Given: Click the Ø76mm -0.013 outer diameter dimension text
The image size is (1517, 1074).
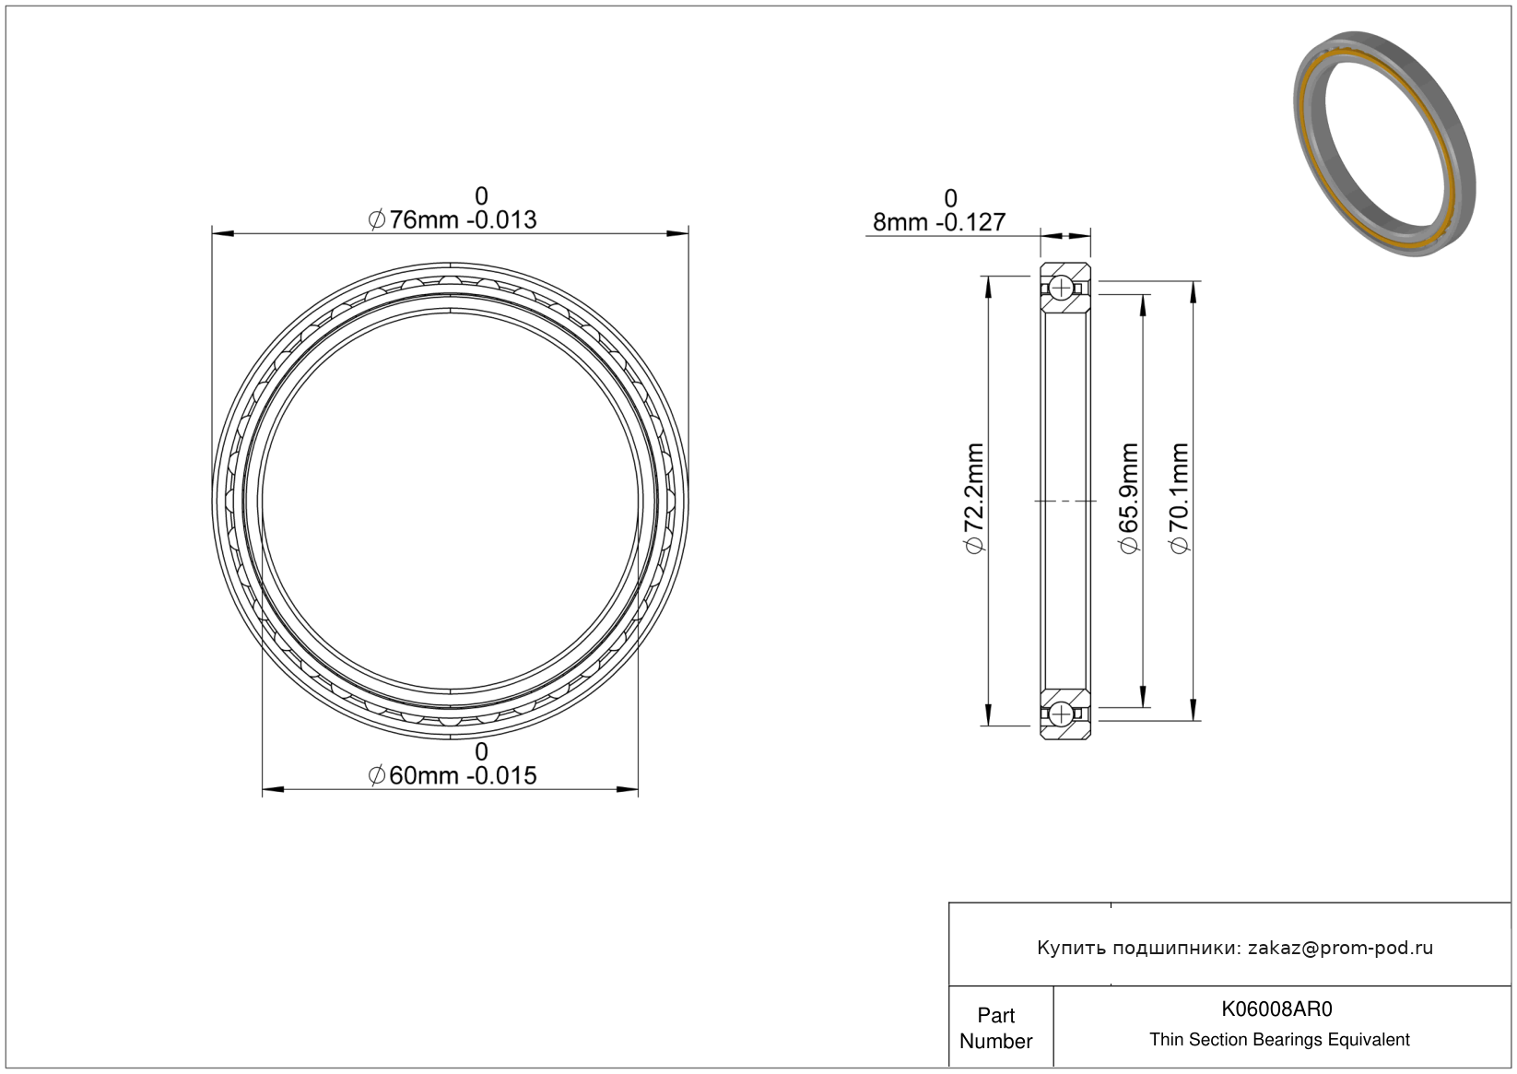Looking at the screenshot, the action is (x=452, y=219).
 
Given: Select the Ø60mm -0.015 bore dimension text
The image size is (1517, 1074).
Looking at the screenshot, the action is (x=452, y=775).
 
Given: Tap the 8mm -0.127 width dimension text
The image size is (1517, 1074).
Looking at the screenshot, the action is (x=938, y=221).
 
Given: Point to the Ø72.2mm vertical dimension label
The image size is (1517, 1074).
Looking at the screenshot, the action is (x=974, y=498).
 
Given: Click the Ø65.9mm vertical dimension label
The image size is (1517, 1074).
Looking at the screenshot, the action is (x=1129, y=498).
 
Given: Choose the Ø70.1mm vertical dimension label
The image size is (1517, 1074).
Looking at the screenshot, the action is (x=1179, y=498).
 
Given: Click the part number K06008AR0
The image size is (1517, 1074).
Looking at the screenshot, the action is (x=1276, y=1009).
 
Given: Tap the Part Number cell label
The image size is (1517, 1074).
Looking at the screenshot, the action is (x=995, y=1028).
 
